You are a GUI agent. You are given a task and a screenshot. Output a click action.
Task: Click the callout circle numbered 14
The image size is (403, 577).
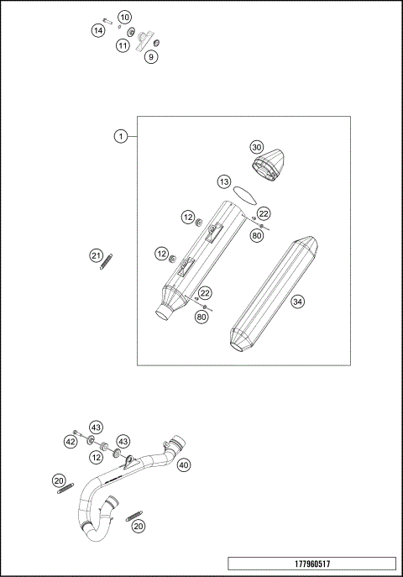98,30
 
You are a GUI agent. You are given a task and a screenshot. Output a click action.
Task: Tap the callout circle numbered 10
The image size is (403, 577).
124,18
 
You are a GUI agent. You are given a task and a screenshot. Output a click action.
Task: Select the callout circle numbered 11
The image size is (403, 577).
123,45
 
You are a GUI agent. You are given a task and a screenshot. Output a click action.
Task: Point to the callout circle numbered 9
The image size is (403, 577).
150,57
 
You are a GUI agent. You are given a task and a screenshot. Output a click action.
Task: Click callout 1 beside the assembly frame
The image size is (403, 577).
122,136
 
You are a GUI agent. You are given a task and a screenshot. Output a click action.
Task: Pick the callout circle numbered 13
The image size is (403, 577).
223,181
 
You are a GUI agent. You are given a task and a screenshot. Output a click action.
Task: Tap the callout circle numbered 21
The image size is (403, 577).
96,255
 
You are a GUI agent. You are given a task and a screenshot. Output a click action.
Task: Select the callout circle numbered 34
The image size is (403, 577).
297,302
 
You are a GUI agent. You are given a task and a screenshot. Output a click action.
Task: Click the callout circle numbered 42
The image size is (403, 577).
71,441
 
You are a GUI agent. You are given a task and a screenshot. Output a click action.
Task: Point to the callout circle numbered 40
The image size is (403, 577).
184,464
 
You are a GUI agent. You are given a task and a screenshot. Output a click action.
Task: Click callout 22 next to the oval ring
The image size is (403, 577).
264,213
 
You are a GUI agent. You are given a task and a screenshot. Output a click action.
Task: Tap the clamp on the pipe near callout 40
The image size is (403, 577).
175,444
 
